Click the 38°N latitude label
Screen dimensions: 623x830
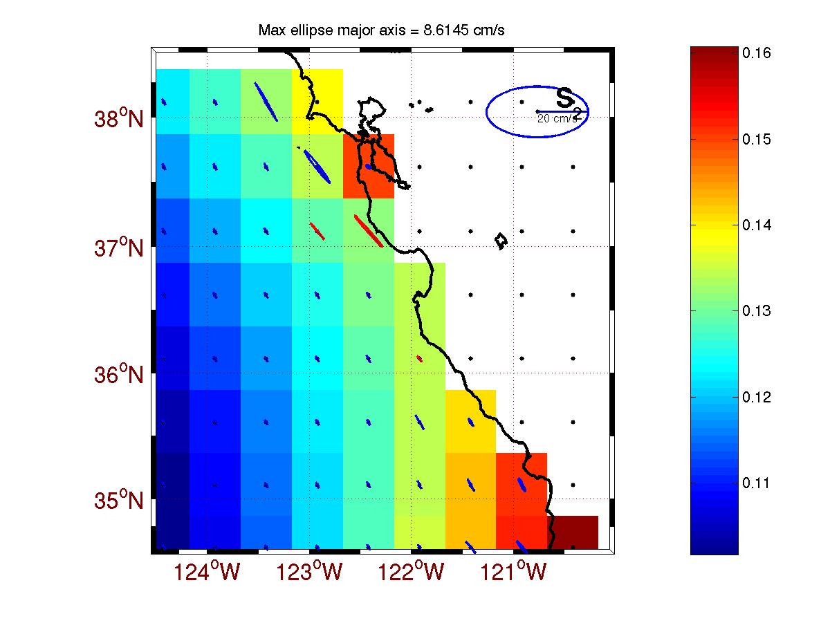point(118,119)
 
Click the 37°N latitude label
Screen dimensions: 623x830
point(118,247)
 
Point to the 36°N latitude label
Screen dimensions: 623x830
point(118,375)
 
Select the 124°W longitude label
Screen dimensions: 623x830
point(210,573)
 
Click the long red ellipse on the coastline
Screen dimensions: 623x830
point(368,230)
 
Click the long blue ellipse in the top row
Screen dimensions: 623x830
point(266,102)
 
